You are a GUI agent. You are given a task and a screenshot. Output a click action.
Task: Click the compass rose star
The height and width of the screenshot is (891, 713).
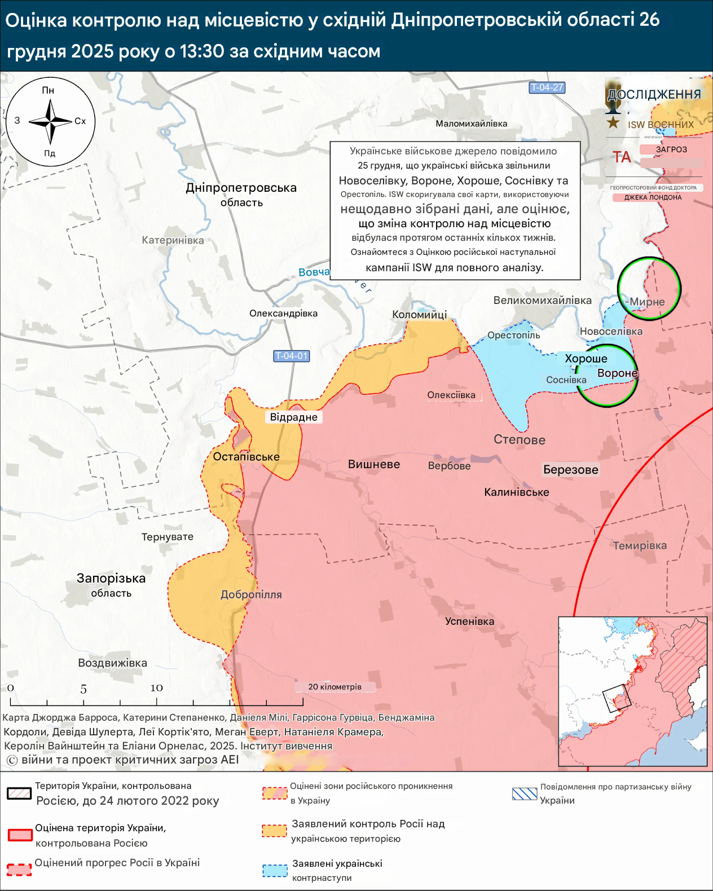[x=50, y=121]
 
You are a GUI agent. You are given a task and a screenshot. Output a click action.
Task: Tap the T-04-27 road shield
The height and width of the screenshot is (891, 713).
[x=547, y=87]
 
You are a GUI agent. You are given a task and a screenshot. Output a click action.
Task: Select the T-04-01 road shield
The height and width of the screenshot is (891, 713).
[x=292, y=356]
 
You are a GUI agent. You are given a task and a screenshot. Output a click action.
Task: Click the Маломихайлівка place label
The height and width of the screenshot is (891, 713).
[x=471, y=123]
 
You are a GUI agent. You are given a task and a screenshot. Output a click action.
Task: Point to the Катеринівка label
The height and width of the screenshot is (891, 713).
[x=173, y=240]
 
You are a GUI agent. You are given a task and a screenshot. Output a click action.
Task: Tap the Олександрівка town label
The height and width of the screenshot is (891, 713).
[x=283, y=314]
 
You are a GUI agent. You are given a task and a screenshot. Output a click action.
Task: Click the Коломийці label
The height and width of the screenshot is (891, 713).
[x=419, y=315]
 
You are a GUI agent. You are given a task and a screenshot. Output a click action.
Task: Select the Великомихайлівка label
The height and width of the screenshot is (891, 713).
[x=542, y=301]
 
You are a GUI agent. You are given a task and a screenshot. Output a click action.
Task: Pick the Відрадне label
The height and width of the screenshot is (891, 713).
[x=293, y=417]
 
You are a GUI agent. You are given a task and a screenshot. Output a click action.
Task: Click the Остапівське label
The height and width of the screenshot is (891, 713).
[x=246, y=457]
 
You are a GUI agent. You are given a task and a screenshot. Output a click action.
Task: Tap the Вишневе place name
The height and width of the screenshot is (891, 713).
[x=373, y=464]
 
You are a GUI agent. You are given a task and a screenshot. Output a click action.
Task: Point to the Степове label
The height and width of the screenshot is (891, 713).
[x=519, y=440]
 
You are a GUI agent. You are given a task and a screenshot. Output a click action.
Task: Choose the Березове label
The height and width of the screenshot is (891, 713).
[x=570, y=470]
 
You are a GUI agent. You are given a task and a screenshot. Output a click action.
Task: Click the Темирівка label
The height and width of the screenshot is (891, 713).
[x=640, y=545]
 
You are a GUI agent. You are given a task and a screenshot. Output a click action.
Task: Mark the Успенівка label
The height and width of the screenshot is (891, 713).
[x=469, y=621]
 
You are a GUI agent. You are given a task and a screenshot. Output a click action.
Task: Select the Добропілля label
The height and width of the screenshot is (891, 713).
[x=251, y=594]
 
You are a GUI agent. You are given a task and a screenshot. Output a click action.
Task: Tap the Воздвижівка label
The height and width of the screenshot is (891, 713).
[x=112, y=663]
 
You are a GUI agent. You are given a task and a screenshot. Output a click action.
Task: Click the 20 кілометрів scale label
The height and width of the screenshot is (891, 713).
[x=335, y=687]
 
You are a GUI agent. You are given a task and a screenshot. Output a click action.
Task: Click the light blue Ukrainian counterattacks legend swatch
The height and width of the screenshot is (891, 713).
[x=275, y=870]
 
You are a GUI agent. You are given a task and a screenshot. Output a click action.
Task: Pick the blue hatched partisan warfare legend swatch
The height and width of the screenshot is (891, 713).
[x=525, y=793]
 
